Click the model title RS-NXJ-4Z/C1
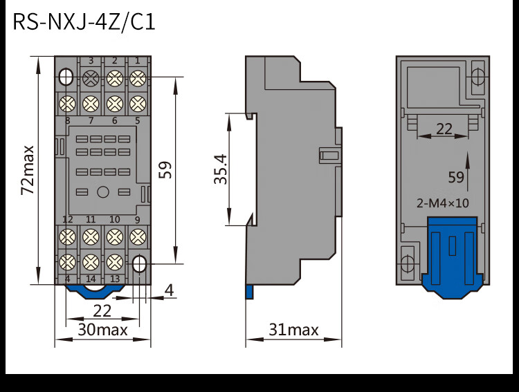tap(84, 23)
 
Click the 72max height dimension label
tap(28, 170)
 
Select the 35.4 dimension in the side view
tap(220, 169)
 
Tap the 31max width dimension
tap(293, 330)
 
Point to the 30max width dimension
tap(102, 330)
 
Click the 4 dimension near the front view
tap(169, 290)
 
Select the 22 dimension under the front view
tap(102, 310)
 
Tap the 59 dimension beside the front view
tap(165, 170)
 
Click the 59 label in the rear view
tap(456, 177)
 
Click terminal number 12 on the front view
tap(68, 220)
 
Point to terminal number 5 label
tap(137, 121)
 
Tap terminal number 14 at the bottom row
tap(91, 279)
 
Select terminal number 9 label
tap(137, 220)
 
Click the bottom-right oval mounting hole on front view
tap(139, 263)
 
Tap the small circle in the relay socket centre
tap(102, 192)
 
